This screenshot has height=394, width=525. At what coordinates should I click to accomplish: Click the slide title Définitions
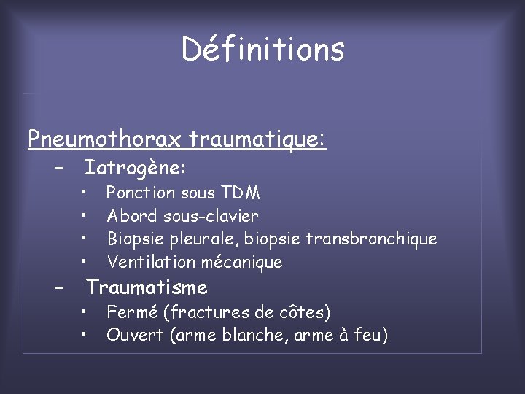click(262, 49)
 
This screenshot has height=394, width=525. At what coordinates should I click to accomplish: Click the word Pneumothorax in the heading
click(106, 138)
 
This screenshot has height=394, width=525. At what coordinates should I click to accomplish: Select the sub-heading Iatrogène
click(135, 169)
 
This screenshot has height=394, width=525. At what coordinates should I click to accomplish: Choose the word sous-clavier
click(211, 216)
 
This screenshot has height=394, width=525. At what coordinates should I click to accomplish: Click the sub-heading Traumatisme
click(147, 287)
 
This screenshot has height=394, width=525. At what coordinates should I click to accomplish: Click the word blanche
click(257, 336)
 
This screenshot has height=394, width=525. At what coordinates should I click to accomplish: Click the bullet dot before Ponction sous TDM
click(85, 193)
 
